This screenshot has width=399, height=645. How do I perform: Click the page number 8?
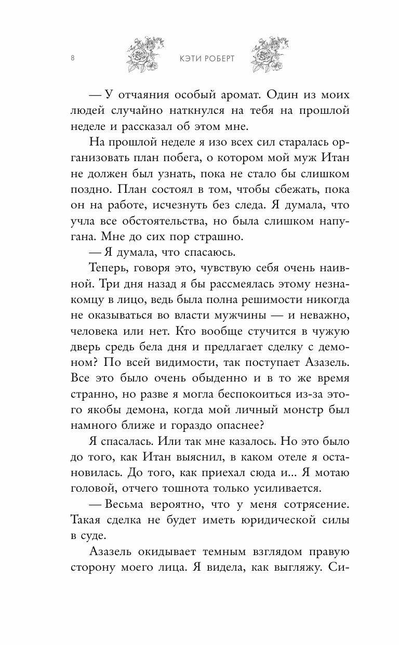tap(72, 58)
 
